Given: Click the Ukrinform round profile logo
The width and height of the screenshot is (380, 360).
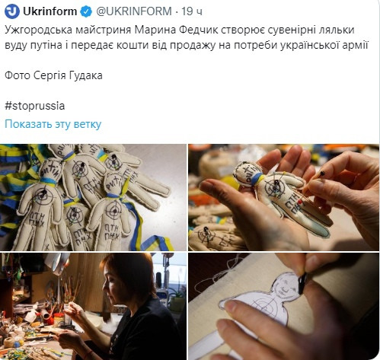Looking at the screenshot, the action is pos(12,11).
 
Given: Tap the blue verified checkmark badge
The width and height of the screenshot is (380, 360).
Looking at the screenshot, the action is pos(86,11).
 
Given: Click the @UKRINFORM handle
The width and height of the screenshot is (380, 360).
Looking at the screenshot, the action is pos(134,11).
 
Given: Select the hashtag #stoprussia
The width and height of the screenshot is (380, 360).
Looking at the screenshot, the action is pos(35,106).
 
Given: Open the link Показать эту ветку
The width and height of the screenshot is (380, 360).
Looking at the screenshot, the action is pos(53,124).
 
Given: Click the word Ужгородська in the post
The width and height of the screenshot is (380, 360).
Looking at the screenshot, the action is pos(39,30).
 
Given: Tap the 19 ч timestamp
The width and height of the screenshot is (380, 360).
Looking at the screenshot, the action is pos(192,11).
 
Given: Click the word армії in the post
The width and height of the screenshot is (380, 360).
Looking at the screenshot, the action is pos(356,45).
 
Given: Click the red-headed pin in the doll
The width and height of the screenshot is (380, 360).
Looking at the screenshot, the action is pos(300,202).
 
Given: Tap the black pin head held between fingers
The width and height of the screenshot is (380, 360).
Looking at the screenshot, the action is pos(322,174).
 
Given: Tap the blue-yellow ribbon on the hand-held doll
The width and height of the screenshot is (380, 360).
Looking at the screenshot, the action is pos(257,178).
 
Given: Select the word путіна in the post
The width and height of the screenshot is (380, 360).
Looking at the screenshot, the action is pos(46,45).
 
